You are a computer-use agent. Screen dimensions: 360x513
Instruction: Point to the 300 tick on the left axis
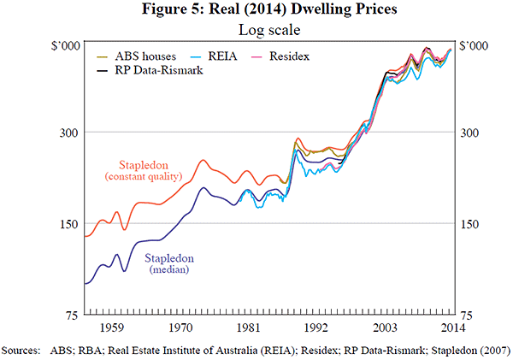(x=69, y=133)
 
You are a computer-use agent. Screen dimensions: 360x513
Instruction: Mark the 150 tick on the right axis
(x=471, y=224)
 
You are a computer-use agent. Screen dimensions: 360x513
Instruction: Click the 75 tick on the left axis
(x=72, y=316)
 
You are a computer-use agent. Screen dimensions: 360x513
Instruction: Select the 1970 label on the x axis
(x=180, y=328)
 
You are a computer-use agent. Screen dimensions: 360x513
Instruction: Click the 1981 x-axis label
(x=248, y=328)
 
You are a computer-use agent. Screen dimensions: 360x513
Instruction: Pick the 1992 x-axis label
(x=316, y=328)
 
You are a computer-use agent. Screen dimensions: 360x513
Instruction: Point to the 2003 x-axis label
(x=385, y=328)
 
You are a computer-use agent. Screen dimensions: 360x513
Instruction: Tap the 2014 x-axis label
(x=452, y=328)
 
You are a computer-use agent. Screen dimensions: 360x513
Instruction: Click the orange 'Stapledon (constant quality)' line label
(x=144, y=169)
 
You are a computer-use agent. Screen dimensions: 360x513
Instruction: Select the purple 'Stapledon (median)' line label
(x=168, y=263)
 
